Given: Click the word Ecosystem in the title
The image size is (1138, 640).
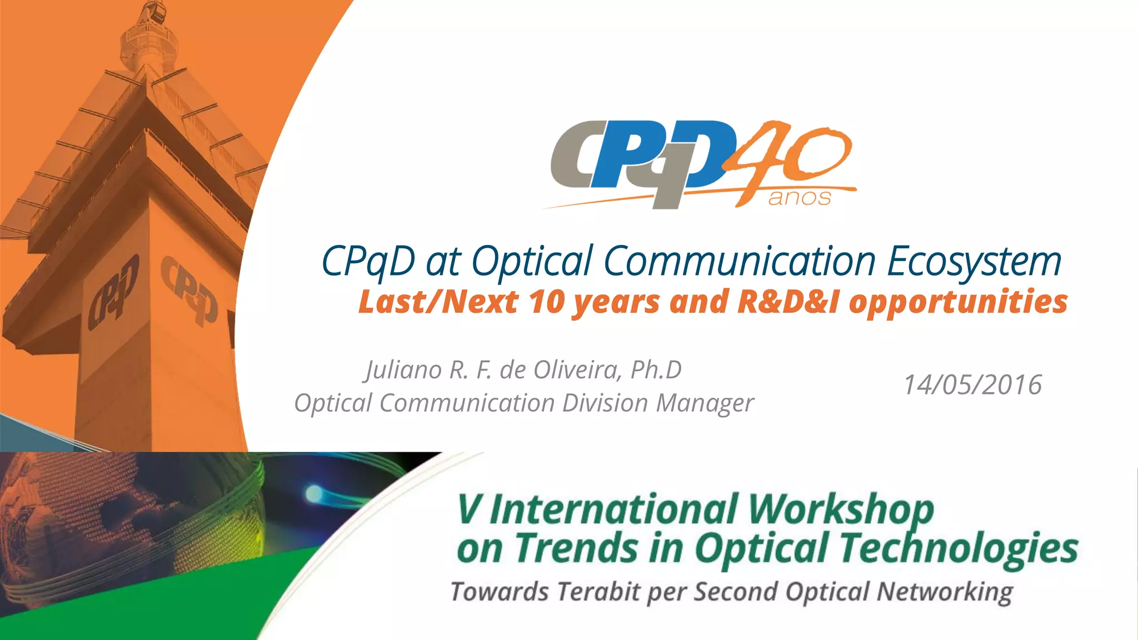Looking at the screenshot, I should tap(974, 261).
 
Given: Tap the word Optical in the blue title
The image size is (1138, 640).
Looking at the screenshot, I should tap(532, 261).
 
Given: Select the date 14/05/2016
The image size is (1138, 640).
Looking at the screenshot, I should tap(972, 384).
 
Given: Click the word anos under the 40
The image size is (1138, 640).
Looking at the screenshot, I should tap(800, 198).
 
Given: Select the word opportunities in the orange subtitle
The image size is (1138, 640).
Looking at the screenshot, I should tap(958, 302).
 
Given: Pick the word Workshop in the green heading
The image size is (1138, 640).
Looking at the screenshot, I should tap(841, 509).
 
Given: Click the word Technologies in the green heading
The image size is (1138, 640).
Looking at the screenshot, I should tap(959, 548).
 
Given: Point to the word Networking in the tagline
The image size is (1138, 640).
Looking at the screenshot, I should tap(945, 591).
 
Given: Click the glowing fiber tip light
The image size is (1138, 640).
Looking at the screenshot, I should tap(313, 492).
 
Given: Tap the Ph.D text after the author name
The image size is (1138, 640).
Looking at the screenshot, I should tap(656, 370).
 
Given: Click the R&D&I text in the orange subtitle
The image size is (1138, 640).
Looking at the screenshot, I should tap(787, 302).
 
